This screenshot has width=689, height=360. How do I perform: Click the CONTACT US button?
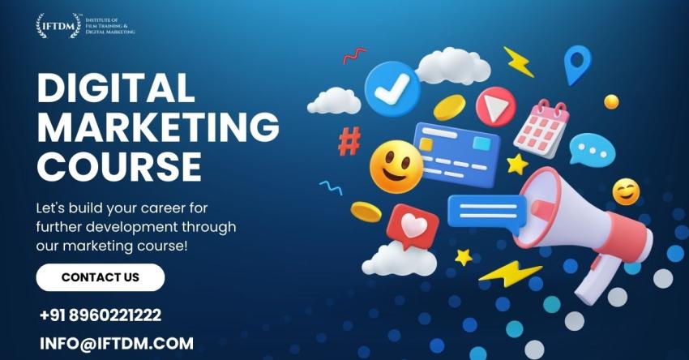tap(101, 277)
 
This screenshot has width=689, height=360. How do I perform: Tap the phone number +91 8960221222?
tap(101, 315)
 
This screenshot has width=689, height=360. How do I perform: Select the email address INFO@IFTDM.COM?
tap(117, 343)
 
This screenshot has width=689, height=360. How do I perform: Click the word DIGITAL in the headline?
tap(116, 88)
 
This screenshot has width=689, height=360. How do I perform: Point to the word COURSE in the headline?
tap(119, 166)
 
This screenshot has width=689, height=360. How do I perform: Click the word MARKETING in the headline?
tap(158, 126)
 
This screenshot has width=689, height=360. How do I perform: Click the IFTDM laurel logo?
tap(58, 25)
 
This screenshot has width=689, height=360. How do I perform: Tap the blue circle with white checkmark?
tap(392, 89)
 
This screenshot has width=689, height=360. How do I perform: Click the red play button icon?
tap(496, 106)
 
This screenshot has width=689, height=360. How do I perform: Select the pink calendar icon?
tap(541, 128)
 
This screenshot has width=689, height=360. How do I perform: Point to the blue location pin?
tap(577, 65)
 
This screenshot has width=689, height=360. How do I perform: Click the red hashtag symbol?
tap(350, 141)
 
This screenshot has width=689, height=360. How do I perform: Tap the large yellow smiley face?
tap(396, 166)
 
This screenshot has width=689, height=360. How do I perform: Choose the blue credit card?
tap(457, 154)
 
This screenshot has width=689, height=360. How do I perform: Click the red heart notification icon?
tap(412, 226)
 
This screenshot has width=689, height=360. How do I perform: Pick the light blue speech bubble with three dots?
tap(592, 149)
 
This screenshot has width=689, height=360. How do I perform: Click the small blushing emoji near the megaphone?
tap(626, 191)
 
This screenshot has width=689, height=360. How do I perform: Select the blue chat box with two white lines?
tap(487, 213)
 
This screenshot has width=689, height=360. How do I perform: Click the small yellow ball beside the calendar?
tap(611, 101)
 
